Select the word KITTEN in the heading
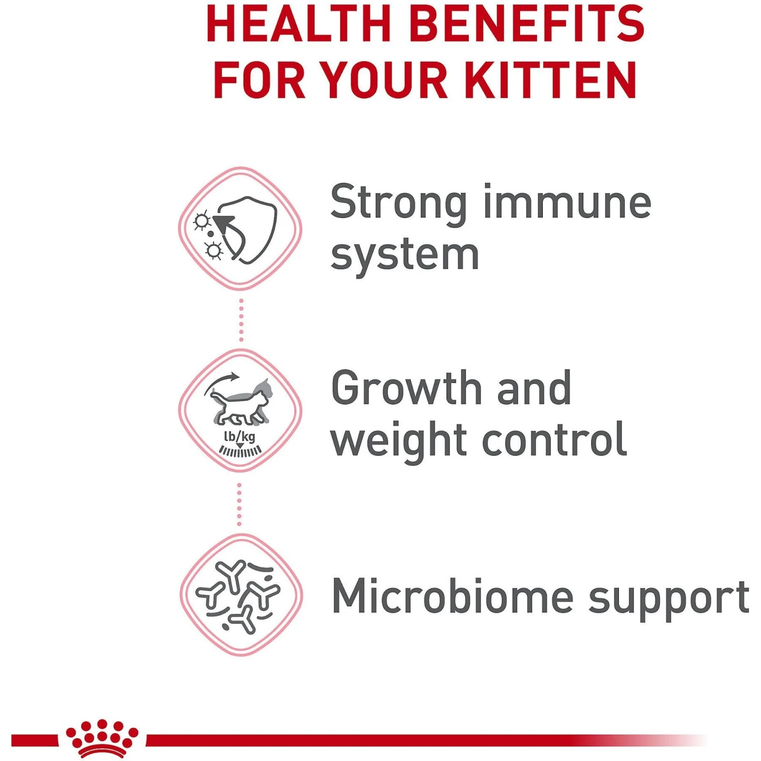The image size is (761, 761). point(550,79)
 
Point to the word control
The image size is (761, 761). point(555,438)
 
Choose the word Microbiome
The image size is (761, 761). point(453,596)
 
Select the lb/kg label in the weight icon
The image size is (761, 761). point(239,437)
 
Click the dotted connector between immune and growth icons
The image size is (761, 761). point(241,320)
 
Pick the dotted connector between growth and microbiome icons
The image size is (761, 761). point(239,504)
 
